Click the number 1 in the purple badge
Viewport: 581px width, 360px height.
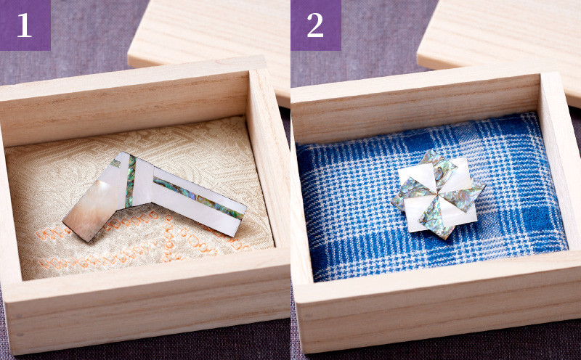25,25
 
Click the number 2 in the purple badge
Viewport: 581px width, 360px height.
315,25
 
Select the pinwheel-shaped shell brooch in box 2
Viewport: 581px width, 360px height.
438,194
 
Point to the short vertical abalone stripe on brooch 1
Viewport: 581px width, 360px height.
131,181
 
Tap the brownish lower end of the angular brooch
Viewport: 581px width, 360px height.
89,211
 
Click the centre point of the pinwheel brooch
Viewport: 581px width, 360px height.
438,195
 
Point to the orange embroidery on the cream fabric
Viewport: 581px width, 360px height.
141,241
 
